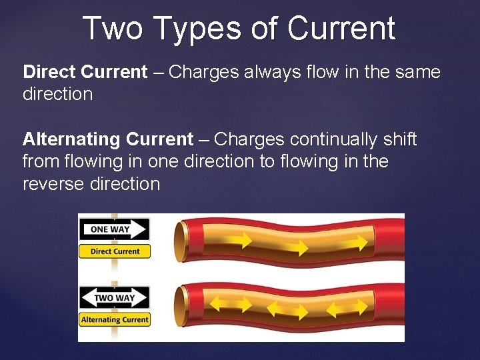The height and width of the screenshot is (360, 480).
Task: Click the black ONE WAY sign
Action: pyautogui.click(x=114, y=229)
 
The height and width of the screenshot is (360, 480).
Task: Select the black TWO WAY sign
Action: pyautogui.click(x=114, y=297)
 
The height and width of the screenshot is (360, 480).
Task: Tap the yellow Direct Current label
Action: pyautogui.click(x=115, y=251)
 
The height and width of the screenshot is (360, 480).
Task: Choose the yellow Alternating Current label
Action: pyautogui.click(x=115, y=319)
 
